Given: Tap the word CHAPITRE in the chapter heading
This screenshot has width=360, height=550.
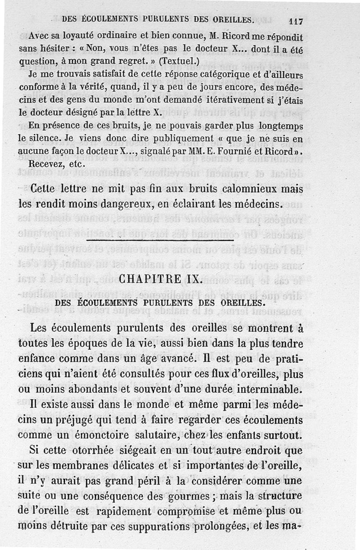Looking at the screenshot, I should [148, 279].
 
